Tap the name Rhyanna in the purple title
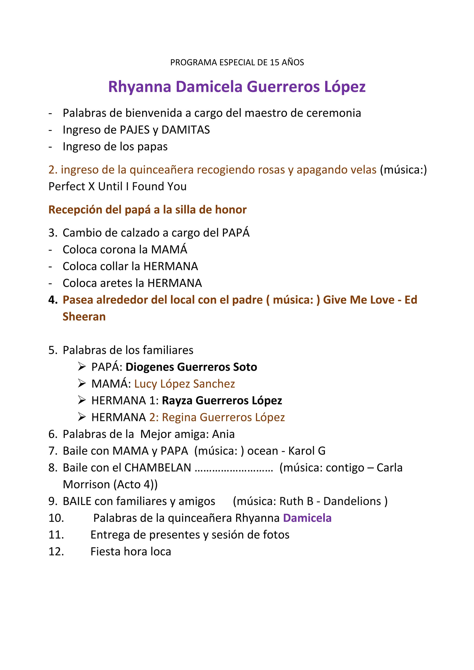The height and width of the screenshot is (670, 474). (x=140, y=87)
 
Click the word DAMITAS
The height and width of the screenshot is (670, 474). (x=186, y=130)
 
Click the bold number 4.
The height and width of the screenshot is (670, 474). (x=53, y=300)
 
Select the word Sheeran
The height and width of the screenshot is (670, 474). (x=84, y=317)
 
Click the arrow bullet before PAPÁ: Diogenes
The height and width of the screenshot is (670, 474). (x=82, y=367)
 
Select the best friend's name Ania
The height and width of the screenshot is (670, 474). (x=223, y=434)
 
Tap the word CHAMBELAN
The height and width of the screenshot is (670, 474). (x=158, y=468)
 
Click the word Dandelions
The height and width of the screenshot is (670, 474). (x=352, y=501)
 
